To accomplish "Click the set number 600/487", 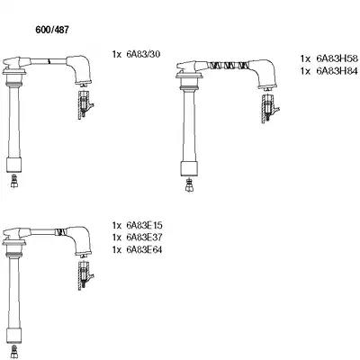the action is point(52,30).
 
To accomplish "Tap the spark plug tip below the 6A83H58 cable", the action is point(189,185).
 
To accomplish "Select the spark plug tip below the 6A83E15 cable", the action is point(14,352).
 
